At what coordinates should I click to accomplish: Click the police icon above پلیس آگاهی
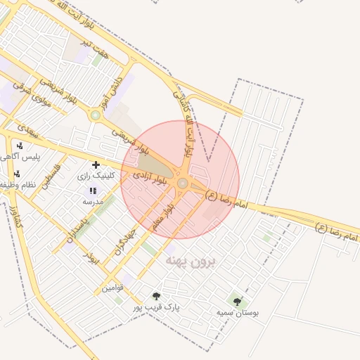[x=19, y=146]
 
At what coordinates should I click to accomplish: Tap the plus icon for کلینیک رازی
[x=96, y=165]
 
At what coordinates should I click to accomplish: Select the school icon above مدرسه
[x=93, y=191]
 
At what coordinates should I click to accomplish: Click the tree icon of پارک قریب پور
[x=156, y=297]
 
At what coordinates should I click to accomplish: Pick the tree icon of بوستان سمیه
[x=237, y=301]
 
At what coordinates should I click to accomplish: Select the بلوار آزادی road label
[x=153, y=172]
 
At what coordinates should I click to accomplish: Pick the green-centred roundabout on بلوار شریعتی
[x=94, y=114]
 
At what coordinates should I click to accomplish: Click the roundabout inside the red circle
[x=182, y=183]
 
